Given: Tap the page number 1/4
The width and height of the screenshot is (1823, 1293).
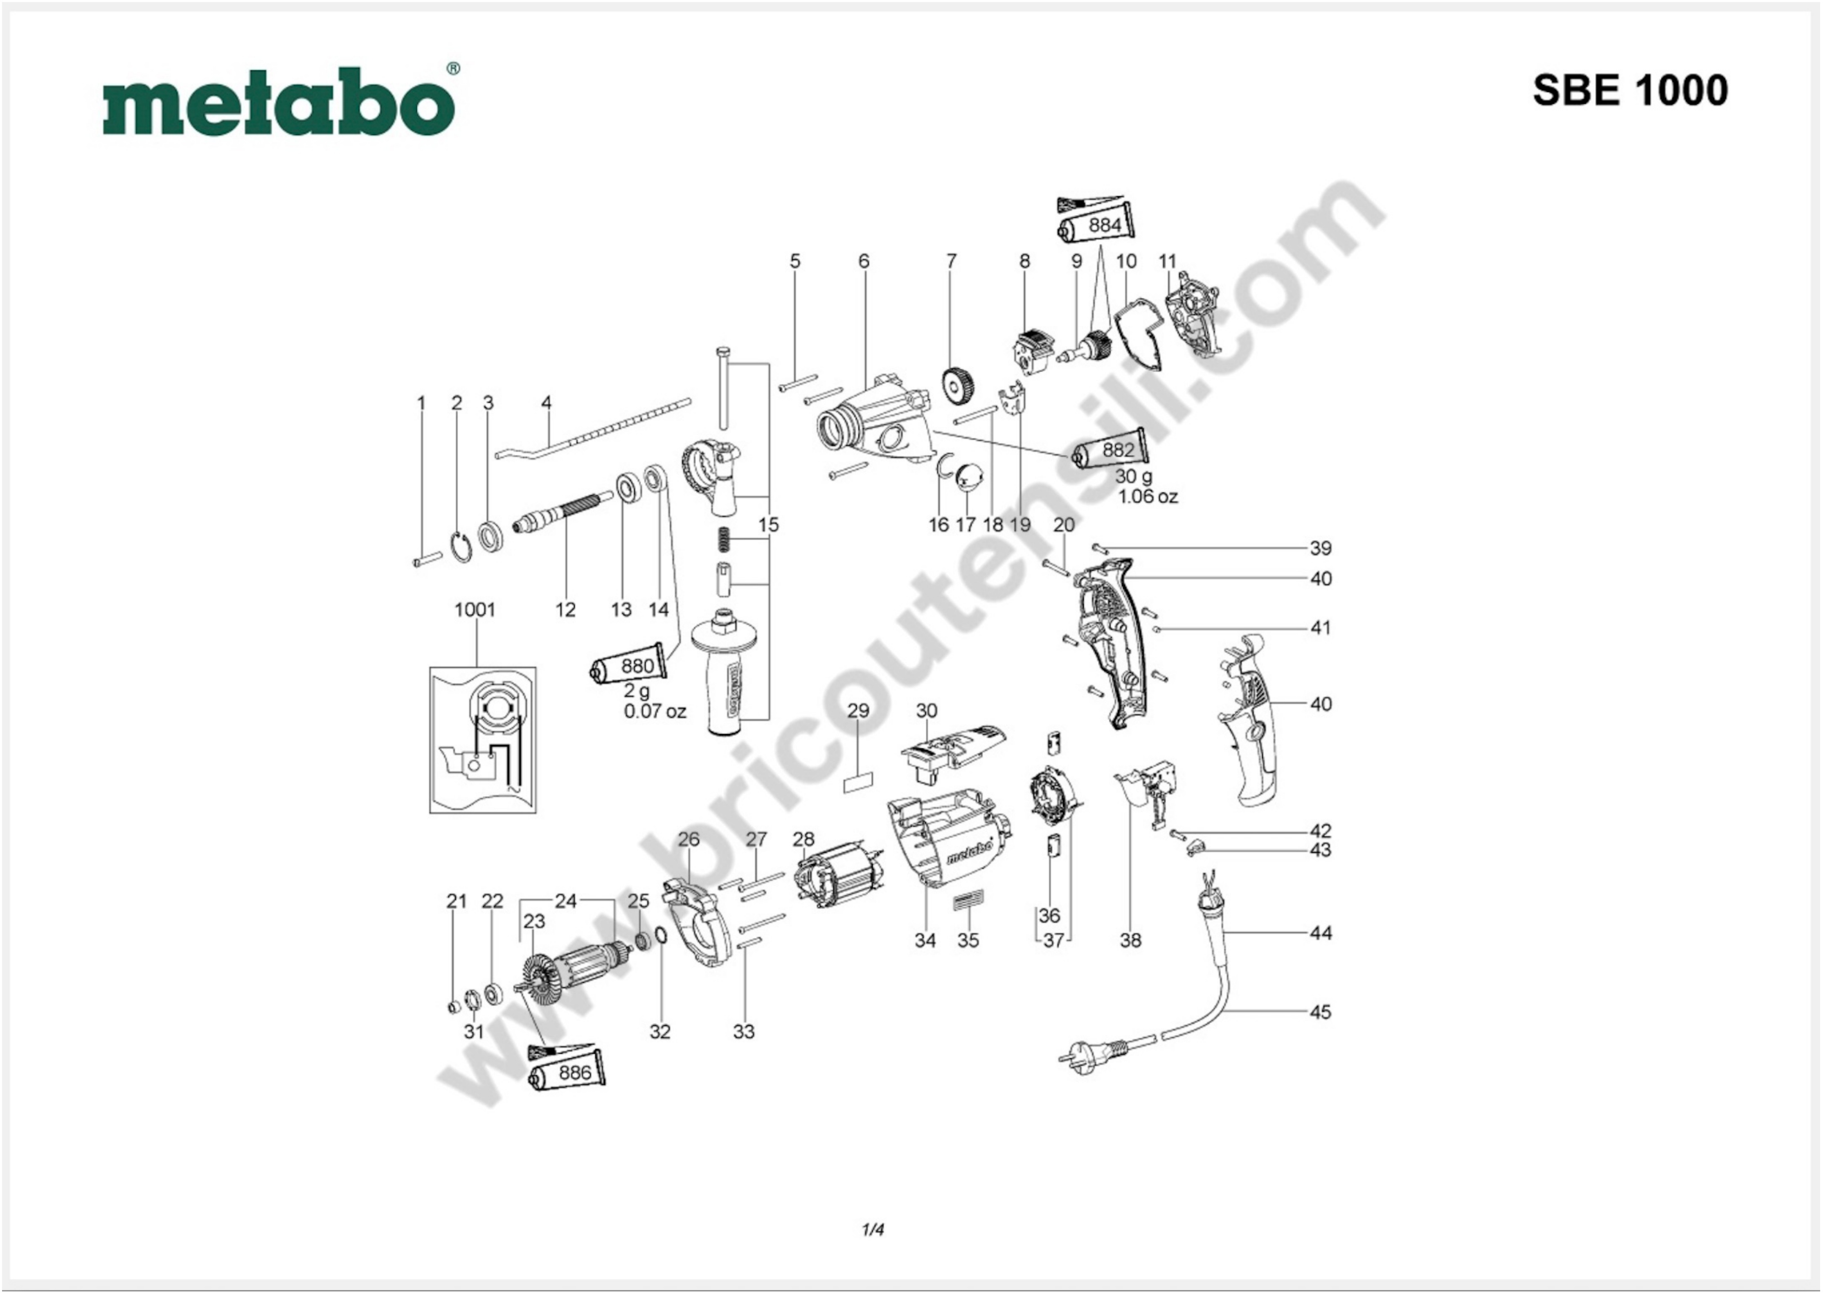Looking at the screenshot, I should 873,1229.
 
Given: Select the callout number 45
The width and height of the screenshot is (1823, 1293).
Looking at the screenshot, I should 1320,1012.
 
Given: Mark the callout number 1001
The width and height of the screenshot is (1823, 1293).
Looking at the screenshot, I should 475,610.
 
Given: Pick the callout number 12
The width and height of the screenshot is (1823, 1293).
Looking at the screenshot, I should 565,610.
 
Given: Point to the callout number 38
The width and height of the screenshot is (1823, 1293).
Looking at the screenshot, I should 1130,940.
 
